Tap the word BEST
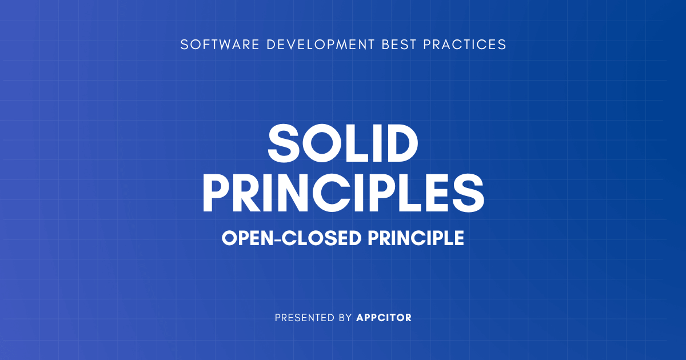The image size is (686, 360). click(402, 45)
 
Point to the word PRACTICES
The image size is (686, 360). click(465, 45)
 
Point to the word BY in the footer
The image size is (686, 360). click(345, 318)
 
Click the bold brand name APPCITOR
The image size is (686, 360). click(384, 318)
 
